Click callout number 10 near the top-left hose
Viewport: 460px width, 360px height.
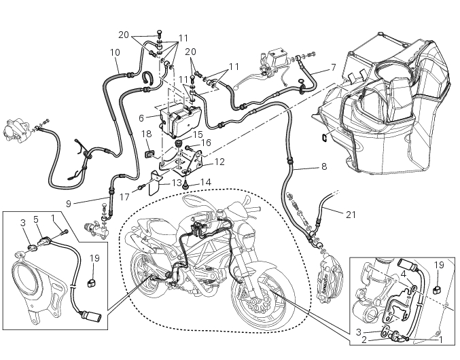click(x=115, y=52)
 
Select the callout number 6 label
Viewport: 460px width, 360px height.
click(x=141, y=118)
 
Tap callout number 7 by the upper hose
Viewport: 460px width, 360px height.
click(x=333, y=67)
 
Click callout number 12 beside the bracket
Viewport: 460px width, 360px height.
click(x=219, y=162)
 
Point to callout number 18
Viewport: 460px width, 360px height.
click(x=146, y=135)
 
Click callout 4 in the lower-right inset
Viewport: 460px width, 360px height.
click(x=404, y=274)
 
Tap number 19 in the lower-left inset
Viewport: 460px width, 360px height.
click(x=94, y=258)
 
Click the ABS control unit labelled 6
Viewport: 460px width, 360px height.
click(x=178, y=122)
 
